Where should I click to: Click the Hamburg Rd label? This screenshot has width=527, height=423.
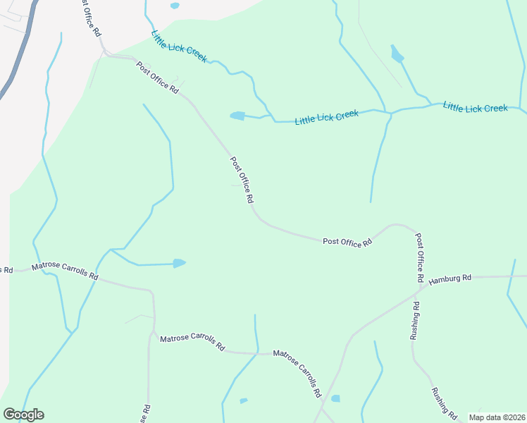[450, 278]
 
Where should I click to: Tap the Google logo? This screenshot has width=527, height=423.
[23, 415]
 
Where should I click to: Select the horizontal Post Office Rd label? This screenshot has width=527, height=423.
[347, 242]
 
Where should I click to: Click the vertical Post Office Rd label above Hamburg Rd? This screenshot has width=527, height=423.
[419, 258]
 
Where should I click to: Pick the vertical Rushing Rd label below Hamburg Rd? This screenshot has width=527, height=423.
[415, 321]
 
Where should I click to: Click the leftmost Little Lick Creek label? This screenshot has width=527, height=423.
[179, 46]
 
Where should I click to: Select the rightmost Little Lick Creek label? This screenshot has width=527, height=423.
[475, 108]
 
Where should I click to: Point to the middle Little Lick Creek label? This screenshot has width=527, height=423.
[326, 117]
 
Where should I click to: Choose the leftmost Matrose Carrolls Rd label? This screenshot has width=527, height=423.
[64, 271]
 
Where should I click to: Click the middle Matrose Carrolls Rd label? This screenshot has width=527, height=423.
[192, 343]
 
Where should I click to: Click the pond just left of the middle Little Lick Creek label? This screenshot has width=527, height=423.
[237, 116]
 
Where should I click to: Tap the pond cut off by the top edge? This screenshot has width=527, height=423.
[175, 6]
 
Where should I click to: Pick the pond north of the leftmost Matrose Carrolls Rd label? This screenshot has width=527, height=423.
[179, 264]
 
